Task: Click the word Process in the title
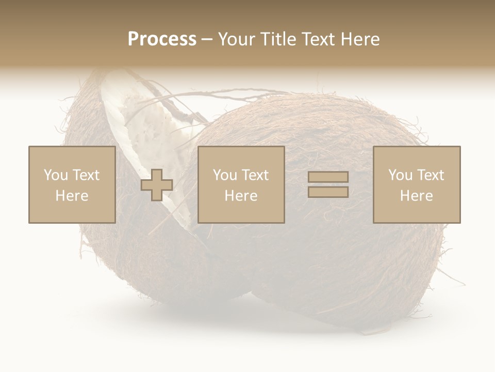[162, 39]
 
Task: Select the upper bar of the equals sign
[328, 177]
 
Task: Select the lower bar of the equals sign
[328, 192]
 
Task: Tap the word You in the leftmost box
[55, 175]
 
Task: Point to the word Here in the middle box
[241, 196]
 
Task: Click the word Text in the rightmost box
[431, 175]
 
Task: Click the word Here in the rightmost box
[416, 196]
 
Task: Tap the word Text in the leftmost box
[86, 175]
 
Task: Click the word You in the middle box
[224, 175]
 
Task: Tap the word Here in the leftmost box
[72, 196]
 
